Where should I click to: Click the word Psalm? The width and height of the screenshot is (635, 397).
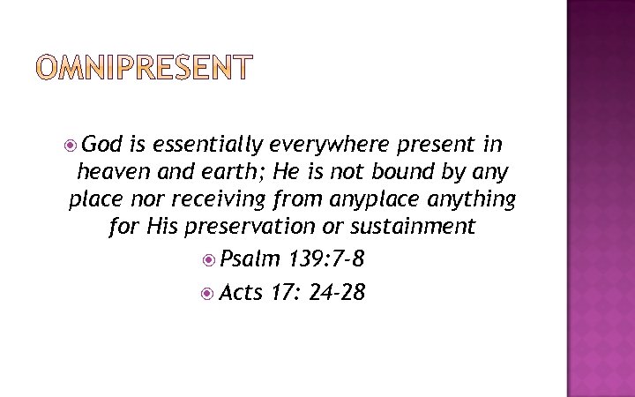250,259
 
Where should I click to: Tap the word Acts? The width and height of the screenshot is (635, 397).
241,291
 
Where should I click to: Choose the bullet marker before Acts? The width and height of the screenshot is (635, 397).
208,292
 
